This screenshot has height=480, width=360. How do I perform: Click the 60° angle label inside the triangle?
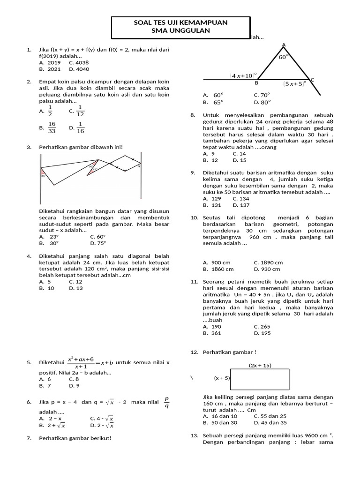[283, 57]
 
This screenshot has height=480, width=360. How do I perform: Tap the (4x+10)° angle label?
[243, 75]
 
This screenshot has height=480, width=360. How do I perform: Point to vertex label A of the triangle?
[283, 45]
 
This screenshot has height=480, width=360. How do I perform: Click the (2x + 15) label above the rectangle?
[260, 365]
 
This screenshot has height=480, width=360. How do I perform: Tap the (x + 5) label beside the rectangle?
[222, 378]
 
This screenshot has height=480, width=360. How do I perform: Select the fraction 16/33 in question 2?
[52, 127]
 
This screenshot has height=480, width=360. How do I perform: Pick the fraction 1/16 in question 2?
[80, 127]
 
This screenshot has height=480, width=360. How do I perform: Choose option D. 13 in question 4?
[75, 288]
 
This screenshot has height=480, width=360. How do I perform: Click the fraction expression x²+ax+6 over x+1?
[81, 362]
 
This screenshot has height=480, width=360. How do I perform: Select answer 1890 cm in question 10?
[268, 262]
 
